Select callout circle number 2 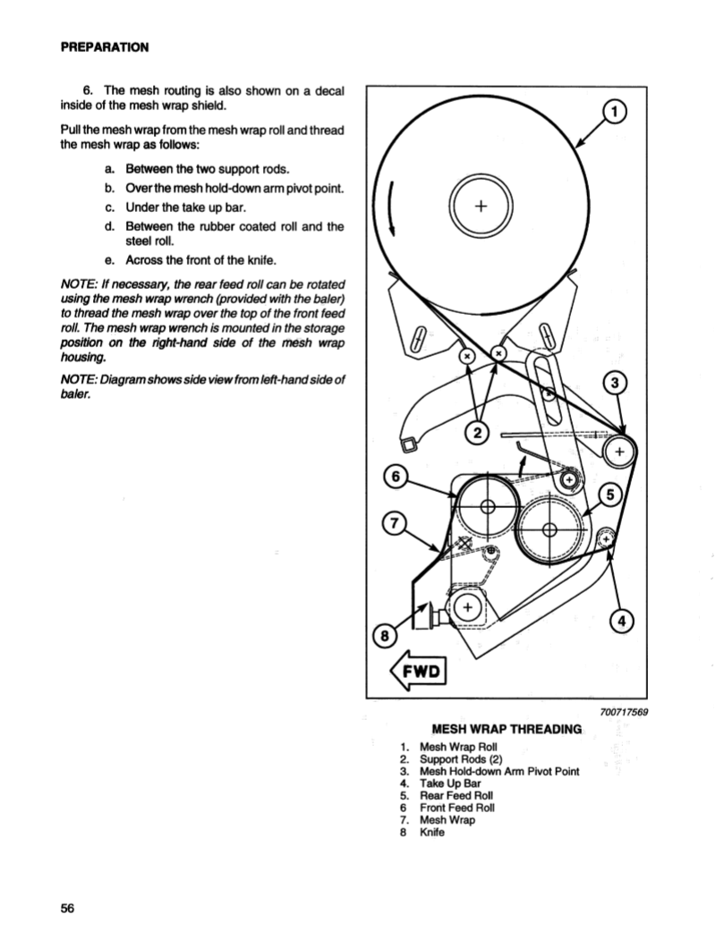[477, 435]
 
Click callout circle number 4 [620, 621]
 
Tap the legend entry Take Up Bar [450, 783]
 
